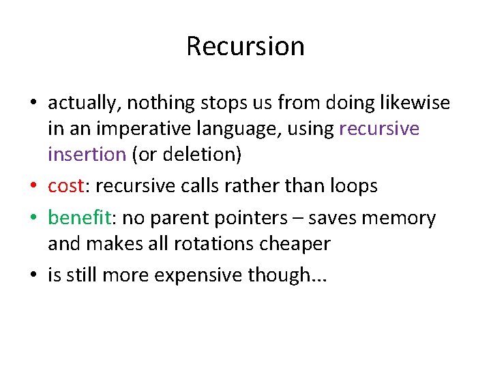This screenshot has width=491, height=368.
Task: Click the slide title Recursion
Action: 245,46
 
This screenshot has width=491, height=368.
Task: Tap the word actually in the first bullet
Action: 76,104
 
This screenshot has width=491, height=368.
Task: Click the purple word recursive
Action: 378,129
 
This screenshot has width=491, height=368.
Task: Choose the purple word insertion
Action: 87,154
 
